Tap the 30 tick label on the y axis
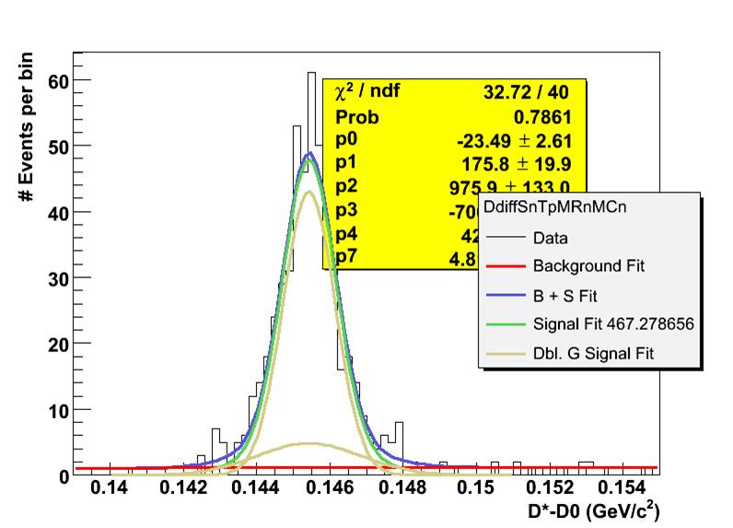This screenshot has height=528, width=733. pos(59,277)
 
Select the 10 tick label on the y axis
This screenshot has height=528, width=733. pos(59,410)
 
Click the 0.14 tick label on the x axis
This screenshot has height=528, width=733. pos(110,489)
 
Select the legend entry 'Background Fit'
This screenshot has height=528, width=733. pos(588,266)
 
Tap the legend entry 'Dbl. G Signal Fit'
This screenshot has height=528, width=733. pos(593,352)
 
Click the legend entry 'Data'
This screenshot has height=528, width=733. pos(550,238)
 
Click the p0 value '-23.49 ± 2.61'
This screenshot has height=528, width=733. pos(516,140)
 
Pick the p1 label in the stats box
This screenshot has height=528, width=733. pos(346,162)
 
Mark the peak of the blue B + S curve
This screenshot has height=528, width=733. pos(311,153)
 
